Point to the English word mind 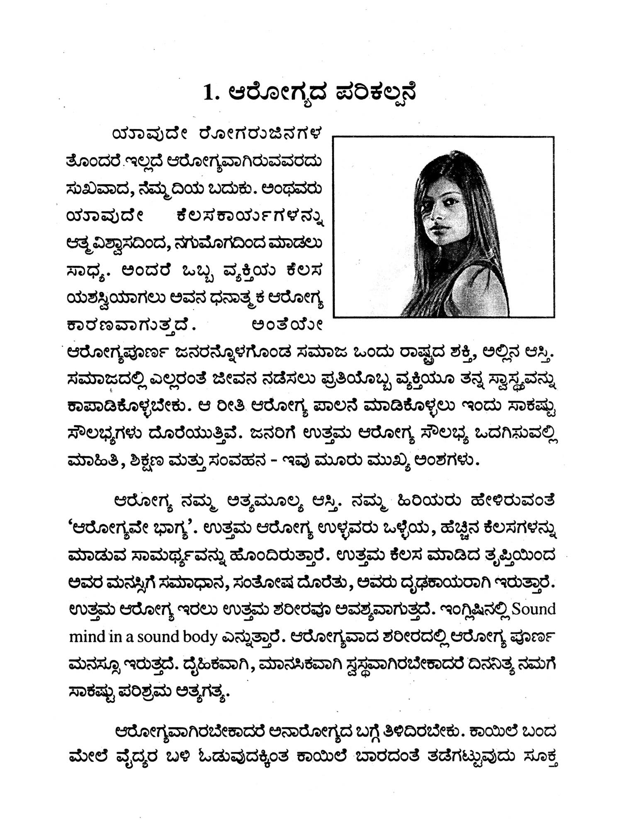[x=87, y=637]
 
